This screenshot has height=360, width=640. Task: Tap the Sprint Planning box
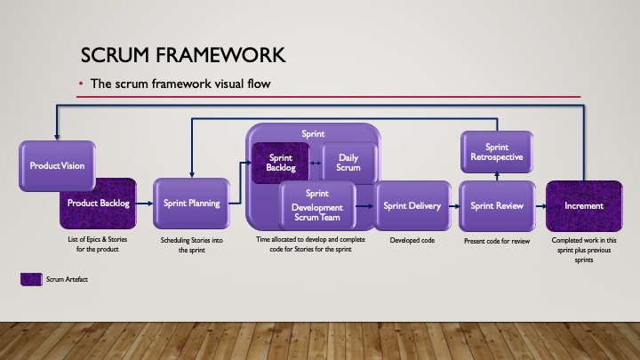point(191,204)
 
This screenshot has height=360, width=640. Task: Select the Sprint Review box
point(498,205)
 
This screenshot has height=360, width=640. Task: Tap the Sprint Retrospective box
point(497,152)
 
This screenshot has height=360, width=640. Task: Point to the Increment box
point(583,205)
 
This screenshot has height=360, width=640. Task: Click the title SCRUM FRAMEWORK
point(182,56)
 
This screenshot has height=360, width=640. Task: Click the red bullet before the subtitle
point(81,84)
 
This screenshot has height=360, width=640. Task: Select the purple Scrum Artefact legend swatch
point(31,279)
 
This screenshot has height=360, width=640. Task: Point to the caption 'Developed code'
point(412,240)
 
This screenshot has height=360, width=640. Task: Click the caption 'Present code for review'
point(498,241)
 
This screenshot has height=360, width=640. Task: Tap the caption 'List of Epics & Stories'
point(99,240)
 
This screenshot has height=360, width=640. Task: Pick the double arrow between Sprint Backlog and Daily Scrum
point(316,163)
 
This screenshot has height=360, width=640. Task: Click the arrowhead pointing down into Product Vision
point(56,135)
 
